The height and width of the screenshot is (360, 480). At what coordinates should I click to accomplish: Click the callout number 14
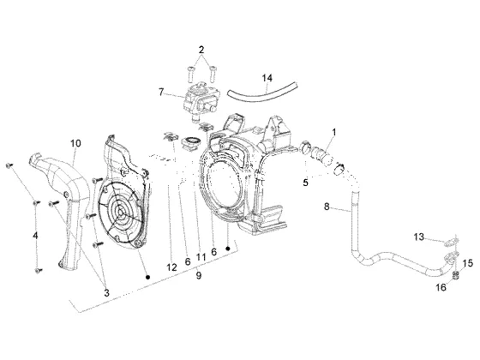(267, 78)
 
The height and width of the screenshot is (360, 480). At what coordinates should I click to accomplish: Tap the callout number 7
(161, 92)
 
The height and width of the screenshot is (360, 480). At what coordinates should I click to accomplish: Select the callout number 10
(76, 143)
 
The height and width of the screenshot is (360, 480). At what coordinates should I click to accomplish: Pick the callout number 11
(201, 256)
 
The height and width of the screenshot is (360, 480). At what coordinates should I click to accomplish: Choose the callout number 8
(327, 207)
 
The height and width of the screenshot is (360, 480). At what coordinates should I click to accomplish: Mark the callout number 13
(419, 237)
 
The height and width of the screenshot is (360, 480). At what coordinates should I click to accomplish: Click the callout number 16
(441, 287)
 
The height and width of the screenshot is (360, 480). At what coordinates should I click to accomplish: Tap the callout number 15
(468, 263)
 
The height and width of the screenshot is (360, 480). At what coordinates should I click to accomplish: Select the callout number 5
(305, 183)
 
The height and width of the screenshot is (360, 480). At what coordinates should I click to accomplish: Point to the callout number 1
(334, 132)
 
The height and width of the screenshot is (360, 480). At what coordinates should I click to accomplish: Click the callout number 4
(35, 236)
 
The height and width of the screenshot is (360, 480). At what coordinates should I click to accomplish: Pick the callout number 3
(106, 292)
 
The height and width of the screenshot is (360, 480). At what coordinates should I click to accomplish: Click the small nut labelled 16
(456, 275)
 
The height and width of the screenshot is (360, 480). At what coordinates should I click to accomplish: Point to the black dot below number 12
(147, 277)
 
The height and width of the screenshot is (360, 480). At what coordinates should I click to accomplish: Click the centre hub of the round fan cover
(120, 212)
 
